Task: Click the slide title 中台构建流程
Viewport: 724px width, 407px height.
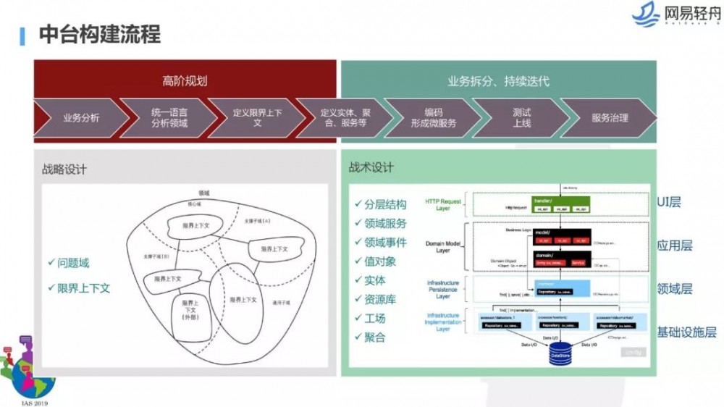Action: pos(99,33)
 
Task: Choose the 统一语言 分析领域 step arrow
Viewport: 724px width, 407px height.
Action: pos(169,117)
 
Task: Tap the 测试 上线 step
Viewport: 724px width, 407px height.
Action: pos(521,117)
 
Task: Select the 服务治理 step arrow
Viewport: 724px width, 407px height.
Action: pos(610,117)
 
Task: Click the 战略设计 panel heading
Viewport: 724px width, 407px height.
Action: pos(64,169)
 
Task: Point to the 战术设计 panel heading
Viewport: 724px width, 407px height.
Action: pos(371,167)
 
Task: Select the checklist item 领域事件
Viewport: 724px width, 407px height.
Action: pos(384,243)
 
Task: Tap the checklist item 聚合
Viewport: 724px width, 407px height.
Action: pos(374,337)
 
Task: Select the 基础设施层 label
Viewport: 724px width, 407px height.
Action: pos(686,332)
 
